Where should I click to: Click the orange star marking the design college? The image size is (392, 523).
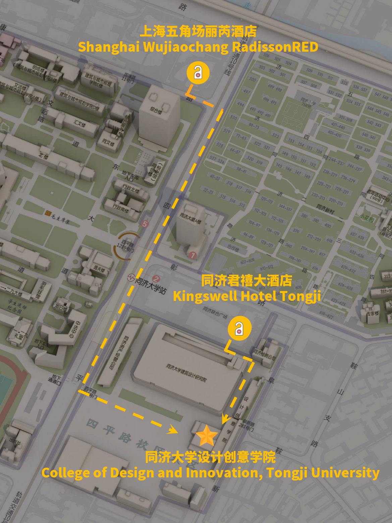point(207,435)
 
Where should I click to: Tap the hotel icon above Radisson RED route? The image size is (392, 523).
point(198,73)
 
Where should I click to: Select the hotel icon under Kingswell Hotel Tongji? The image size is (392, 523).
point(239,328)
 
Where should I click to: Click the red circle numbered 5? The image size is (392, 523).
point(145,224)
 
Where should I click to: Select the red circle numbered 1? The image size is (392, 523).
point(192,256)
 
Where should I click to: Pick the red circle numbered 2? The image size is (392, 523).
point(156,279)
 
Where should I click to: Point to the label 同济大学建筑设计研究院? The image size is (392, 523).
point(186,372)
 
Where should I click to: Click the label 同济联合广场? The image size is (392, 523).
point(215,313)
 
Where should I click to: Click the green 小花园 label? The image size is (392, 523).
point(367,218)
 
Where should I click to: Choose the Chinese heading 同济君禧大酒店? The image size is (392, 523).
point(246,281)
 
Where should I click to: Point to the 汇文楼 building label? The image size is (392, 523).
point(79,123)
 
